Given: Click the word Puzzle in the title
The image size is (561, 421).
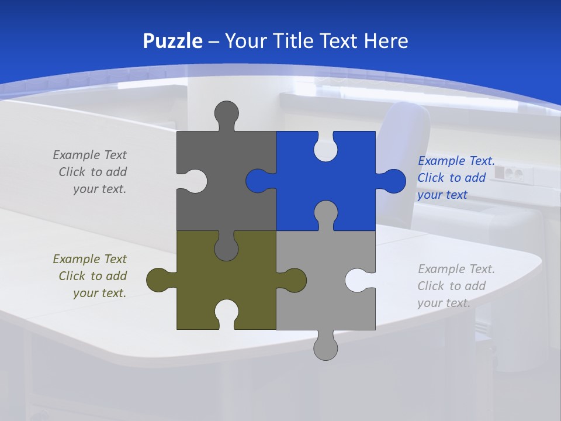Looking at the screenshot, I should coord(173,41).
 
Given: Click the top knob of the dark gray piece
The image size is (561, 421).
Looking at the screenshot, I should coord(227,112).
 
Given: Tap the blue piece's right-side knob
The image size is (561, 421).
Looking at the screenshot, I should coord(393,181).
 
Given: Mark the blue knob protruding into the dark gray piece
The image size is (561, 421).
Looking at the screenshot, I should coord(258,181).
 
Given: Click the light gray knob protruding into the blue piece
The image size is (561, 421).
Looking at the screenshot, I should coord(325,213).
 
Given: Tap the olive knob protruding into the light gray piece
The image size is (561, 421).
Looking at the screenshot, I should coord(293,280).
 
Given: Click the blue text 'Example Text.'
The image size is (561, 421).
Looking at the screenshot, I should coord(456,161).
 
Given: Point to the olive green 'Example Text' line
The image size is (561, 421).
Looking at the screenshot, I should coord(89,259).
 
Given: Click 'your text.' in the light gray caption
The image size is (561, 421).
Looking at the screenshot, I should coord(444,303).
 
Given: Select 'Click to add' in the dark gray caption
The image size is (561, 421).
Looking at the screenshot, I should coord(92,172).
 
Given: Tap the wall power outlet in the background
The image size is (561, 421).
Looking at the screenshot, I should coord(508,173).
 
